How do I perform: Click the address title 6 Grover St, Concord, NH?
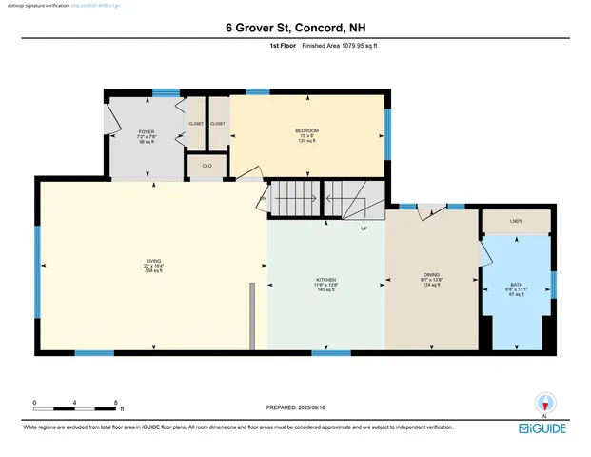pos(295,29)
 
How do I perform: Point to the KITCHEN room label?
pos(326,280)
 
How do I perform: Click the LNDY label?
pos(517,222)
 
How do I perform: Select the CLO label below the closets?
pos(207,166)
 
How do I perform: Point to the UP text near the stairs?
pos(364,228)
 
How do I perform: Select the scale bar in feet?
pos(75,409)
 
